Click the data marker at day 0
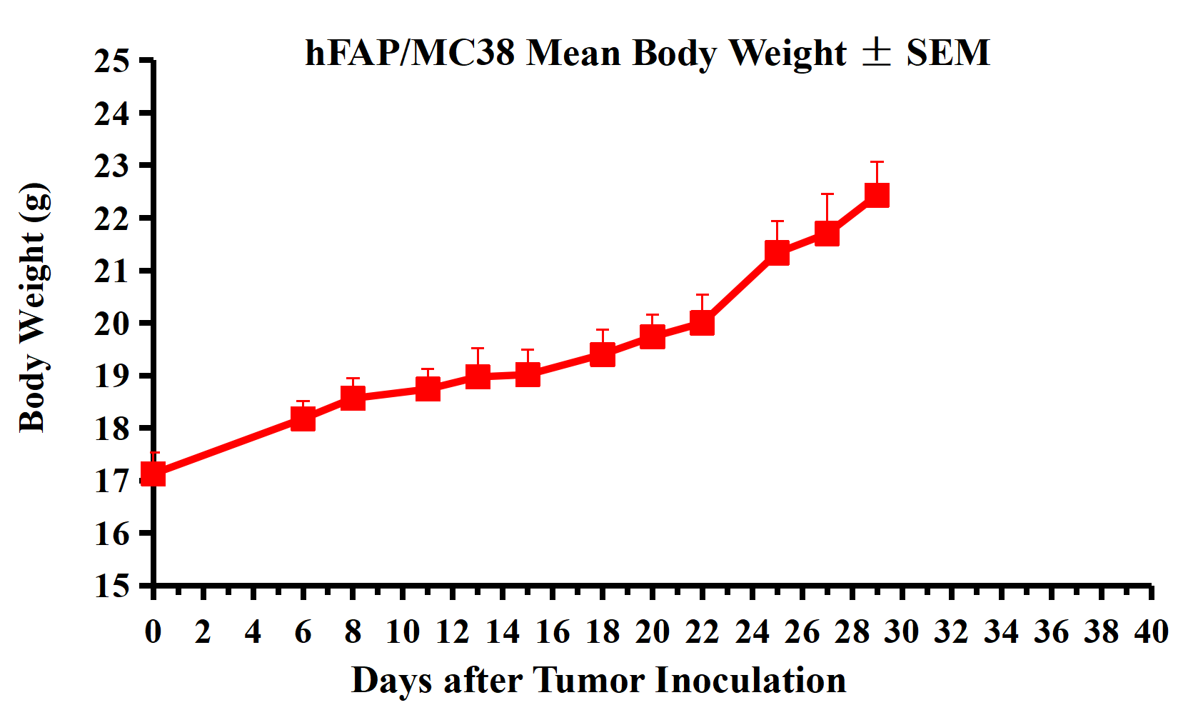pyautogui.click(x=153, y=474)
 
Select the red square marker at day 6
pyautogui.click(x=303, y=419)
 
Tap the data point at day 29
pyautogui.click(x=877, y=195)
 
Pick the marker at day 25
pyautogui.click(x=777, y=252)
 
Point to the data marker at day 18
pyautogui.click(x=603, y=354)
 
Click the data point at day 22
pyautogui.click(x=703, y=323)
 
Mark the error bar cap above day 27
pyautogui.click(x=827, y=194)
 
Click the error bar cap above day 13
pyautogui.click(x=478, y=349)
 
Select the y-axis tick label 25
pyautogui.click(x=112, y=61)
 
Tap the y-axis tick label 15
pyautogui.click(x=112, y=586)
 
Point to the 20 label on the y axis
pyautogui.click(x=112, y=324)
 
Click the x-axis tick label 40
pyautogui.click(x=1151, y=632)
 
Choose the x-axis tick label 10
pyautogui.click(x=403, y=632)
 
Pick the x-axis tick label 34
pyautogui.click(x=1001, y=632)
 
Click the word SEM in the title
pyautogui.click(x=947, y=53)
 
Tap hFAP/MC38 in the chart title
pyautogui.click(x=410, y=53)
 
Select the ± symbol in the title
pyautogui.click(x=876, y=51)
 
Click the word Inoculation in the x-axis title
pyautogui.click(x=750, y=680)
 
